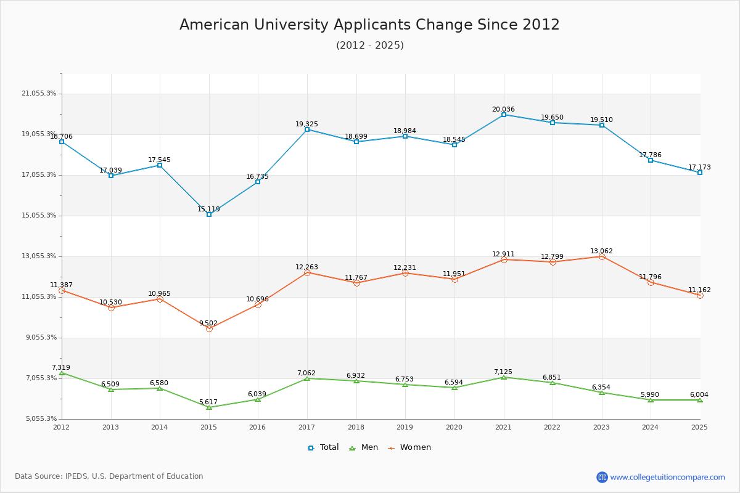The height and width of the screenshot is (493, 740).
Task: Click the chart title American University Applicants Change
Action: pyautogui.click(x=369, y=25)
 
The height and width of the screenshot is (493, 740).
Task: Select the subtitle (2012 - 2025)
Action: pyautogui.click(x=369, y=45)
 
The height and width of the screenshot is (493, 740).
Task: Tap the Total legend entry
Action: pyautogui.click(x=324, y=447)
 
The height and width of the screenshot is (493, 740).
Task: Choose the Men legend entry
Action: pyautogui.click(x=365, y=447)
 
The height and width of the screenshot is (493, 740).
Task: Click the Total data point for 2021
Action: pyautogui.click(x=504, y=115)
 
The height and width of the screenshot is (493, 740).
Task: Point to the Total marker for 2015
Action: pyautogui.click(x=209, y=214)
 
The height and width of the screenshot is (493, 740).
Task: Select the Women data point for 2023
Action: pyautogui.click(x=602, y=256)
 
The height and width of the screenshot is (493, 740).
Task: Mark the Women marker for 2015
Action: pyautogui.click(x=209, y=328)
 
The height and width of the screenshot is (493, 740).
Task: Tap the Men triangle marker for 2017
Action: pyautogui.click(x=307, y=378)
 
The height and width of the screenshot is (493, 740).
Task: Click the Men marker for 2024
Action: pyautogui.click(x=651, y=400)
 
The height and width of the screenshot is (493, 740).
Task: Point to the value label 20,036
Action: pyautogui.click(x=503, y=109)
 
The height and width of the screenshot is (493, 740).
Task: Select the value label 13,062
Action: pyautogui.click(x=601, y=251)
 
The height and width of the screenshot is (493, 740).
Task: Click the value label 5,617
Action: pyautogui.click(x=209, y=402)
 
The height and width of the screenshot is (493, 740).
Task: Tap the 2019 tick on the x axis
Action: pyautogui.click(x=405, y=426)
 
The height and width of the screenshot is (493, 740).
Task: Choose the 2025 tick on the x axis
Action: pyautogui.click(x=699, y=426)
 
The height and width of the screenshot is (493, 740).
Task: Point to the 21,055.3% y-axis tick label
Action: pyautogui.click(x=39, y=94)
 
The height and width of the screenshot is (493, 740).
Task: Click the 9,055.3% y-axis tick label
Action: pyautogui.click(x=39, y=338)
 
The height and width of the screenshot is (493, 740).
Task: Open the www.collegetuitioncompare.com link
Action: pyautogui.click(x=667, y=477)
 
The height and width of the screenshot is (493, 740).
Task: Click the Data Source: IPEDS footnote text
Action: pyautogui.click(x=109, y=476)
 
